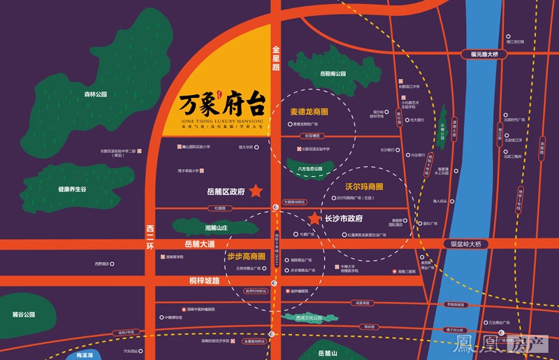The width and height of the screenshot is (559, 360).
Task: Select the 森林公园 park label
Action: [x=91, y=94]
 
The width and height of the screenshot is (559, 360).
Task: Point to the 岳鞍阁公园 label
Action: [x=333, y=73]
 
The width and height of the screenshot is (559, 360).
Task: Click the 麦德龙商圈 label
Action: [x=310, y=111]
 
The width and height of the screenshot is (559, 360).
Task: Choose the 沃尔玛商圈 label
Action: [x=364, y=187]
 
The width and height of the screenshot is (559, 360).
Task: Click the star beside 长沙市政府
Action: [x=315, y=219]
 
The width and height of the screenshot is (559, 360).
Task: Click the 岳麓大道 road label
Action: [x=199, y=244]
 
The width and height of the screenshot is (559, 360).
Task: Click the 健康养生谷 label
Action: [x=73, y=189]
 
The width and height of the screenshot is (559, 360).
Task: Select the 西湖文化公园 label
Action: [x=307, y=318]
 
